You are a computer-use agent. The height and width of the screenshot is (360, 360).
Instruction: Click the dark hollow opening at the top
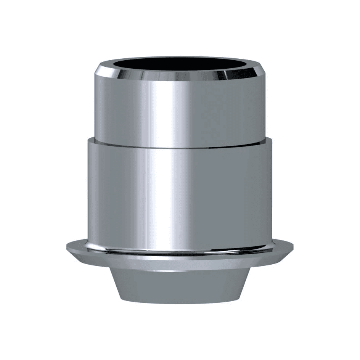[180, 67]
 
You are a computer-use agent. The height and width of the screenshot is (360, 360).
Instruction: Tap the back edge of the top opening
[180, 59]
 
